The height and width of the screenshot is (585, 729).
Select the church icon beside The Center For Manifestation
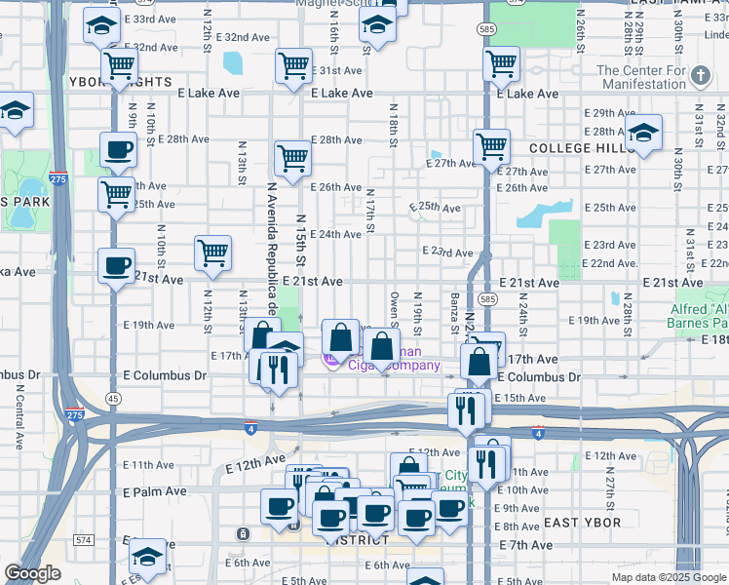coord(700,76)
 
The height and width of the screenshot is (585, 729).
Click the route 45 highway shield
coord(114,398)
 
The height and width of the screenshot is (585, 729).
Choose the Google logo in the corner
coord(32,573)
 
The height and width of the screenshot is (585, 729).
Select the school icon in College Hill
coord(644,135)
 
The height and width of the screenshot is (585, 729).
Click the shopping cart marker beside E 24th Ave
coord(212,253)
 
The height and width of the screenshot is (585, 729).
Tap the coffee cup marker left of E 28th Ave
coord(118,151)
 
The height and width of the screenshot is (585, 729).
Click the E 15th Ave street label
coord(520,398)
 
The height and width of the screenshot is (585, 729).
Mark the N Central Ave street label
coord(19,415)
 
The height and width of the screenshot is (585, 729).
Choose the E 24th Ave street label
coord(336,234)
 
